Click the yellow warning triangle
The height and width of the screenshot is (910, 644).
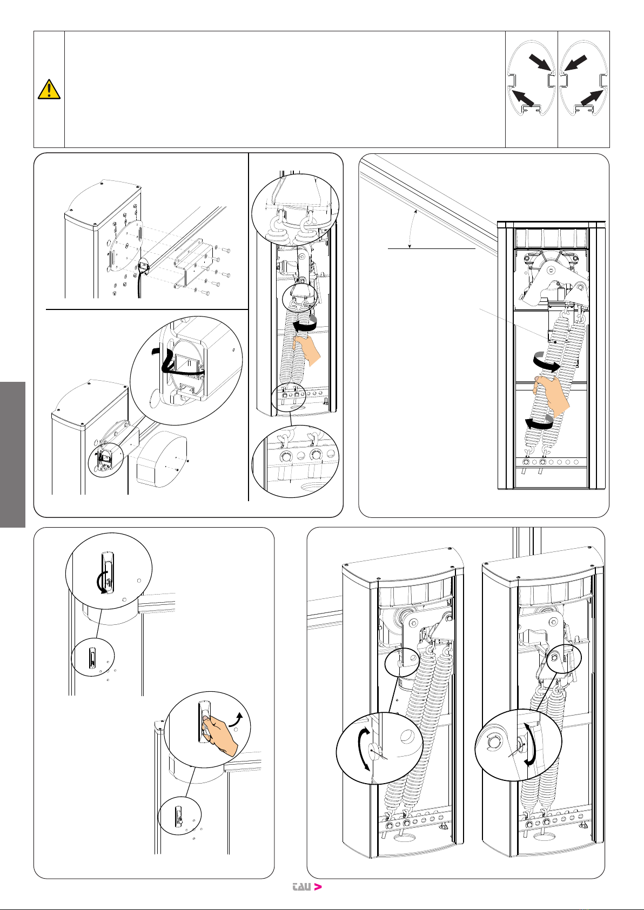(x=49, y=89)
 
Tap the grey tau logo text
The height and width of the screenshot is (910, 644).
(x=302, y=887)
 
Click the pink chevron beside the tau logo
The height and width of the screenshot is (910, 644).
(x=318, y=887)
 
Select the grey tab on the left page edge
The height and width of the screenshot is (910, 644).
(x=12, y=454)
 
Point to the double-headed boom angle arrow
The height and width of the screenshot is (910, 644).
(x=411, y=229)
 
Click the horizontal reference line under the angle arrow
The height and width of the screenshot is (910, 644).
(x=431, y=248)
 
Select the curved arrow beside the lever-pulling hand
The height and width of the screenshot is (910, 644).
(x=236, y=719)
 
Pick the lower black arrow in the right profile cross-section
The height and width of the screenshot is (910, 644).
(x=592, y=98)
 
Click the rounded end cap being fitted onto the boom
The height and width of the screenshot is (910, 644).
(x=162, y=459)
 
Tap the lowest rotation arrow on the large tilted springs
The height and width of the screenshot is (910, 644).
(x=539, y=423)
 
